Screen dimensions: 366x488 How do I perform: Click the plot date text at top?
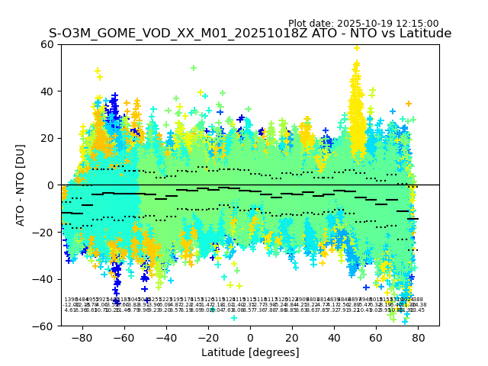click(363, 24)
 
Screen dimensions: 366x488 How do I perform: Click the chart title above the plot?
click(250, 34)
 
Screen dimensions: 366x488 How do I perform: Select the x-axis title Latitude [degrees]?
click(250, 352)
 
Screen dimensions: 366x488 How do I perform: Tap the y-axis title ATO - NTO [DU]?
click(21, 185)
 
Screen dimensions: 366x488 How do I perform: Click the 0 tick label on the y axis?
click(51, 185)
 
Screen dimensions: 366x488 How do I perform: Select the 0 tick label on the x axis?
click(250, 337)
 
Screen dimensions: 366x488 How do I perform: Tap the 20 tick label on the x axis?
click(292, 337)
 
